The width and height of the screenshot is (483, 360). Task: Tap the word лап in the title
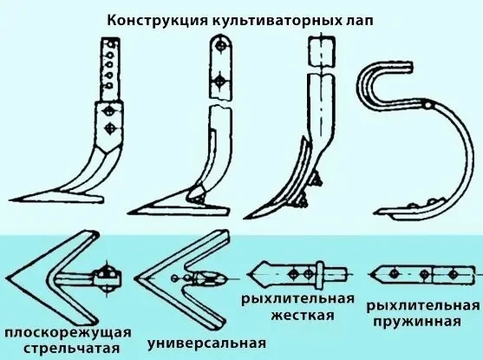click(352, 19)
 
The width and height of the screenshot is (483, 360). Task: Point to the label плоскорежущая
click(69, 333)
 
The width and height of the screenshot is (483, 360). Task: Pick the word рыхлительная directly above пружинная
click(422, 307)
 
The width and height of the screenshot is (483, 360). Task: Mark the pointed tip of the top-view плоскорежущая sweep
click(8, 280)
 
